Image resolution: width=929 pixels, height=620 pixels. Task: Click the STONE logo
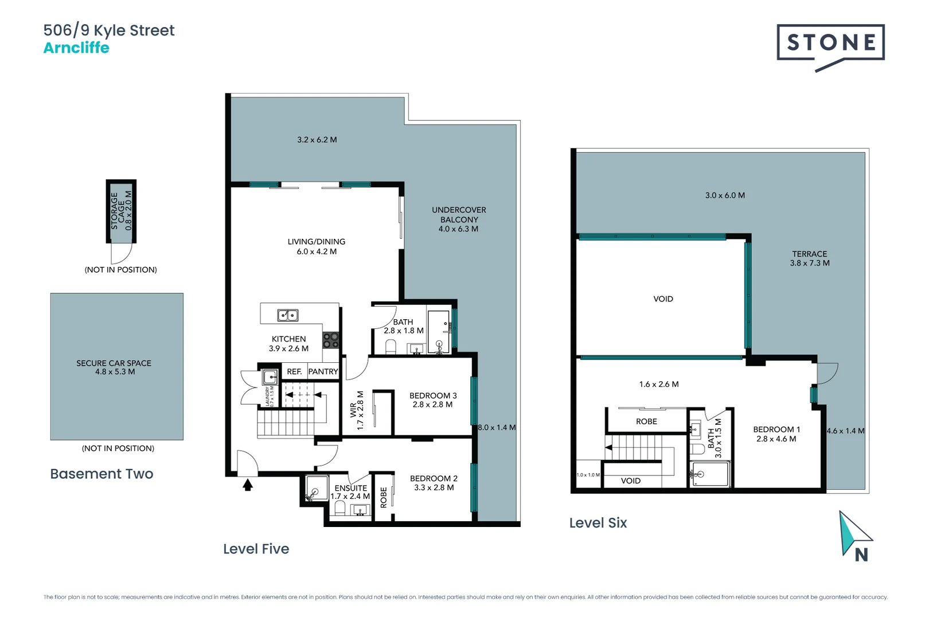point(830,44)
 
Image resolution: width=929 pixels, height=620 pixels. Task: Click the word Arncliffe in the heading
point(76,48)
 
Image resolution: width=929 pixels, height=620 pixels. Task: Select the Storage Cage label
point(121,211)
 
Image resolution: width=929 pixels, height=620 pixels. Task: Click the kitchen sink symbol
point(288,315)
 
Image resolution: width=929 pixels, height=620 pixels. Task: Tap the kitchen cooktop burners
point(330,340)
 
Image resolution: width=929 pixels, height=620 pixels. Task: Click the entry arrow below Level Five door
point(248,485)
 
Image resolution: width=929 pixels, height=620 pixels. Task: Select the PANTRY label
point(323,371)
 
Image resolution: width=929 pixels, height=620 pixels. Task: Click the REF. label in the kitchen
point(294,371)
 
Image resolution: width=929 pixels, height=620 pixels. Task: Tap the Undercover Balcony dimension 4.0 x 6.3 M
point(458,229)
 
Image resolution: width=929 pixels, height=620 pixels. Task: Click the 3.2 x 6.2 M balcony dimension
point(317,140)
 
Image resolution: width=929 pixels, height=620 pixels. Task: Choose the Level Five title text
point(256,549)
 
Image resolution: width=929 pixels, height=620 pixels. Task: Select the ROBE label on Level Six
point(646,421)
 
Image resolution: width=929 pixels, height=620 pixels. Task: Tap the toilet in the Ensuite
point(339,509)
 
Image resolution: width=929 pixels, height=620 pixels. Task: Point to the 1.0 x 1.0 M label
point(588,475)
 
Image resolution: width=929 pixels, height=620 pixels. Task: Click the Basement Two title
point(102,474)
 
